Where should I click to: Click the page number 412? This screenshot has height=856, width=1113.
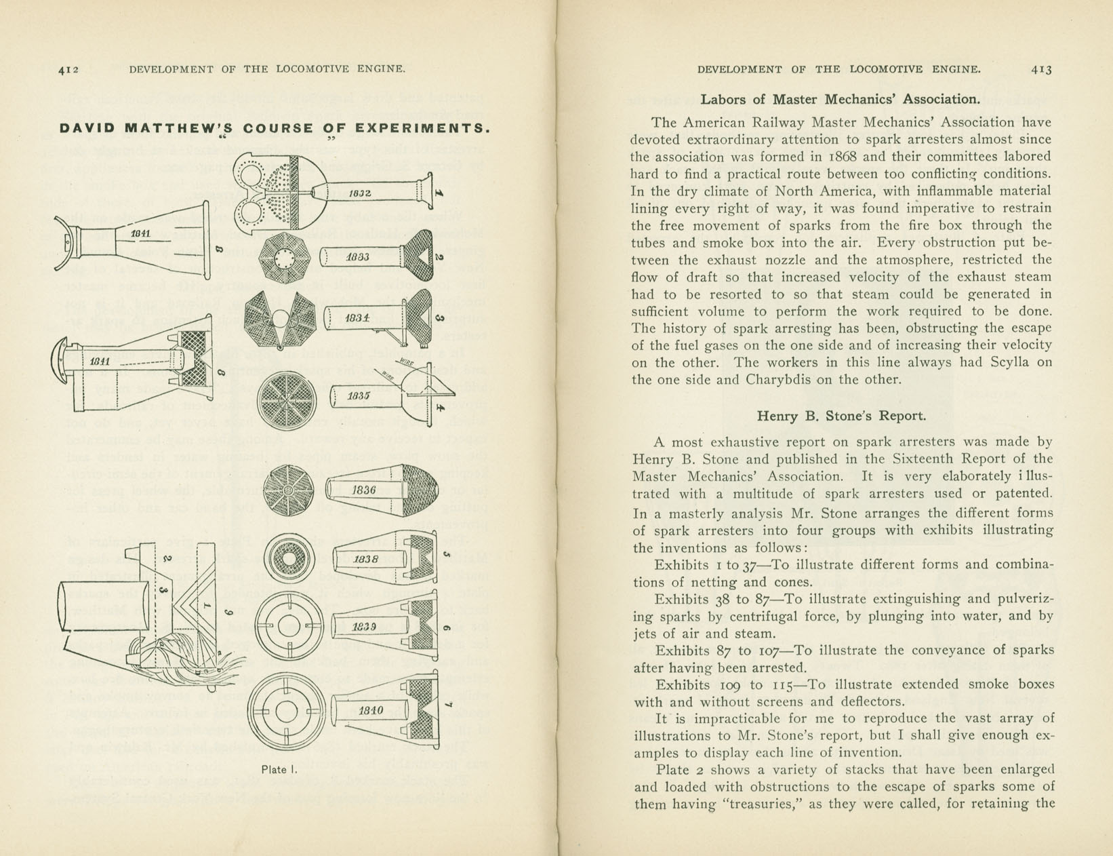click(68, 69)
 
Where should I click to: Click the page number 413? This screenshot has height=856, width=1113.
click(1041, 69)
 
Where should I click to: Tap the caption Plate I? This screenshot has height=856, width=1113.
click(279, 769)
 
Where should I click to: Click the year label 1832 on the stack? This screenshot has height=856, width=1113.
click(359, 194)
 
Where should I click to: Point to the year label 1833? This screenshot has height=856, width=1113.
click(357, 257)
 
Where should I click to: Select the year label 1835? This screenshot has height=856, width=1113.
click(357, 395)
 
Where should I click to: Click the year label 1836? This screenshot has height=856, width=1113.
click(363, 490)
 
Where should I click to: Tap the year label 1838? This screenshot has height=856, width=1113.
click(365, 560)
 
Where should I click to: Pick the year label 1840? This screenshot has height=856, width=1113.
click(371, 710)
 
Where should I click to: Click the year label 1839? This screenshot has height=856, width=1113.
click(365, 627)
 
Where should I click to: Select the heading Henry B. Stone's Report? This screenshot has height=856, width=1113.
click(841, 416)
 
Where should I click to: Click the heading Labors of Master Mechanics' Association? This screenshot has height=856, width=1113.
click(840, 99)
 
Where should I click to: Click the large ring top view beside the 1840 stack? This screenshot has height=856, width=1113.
click(285, 711)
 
